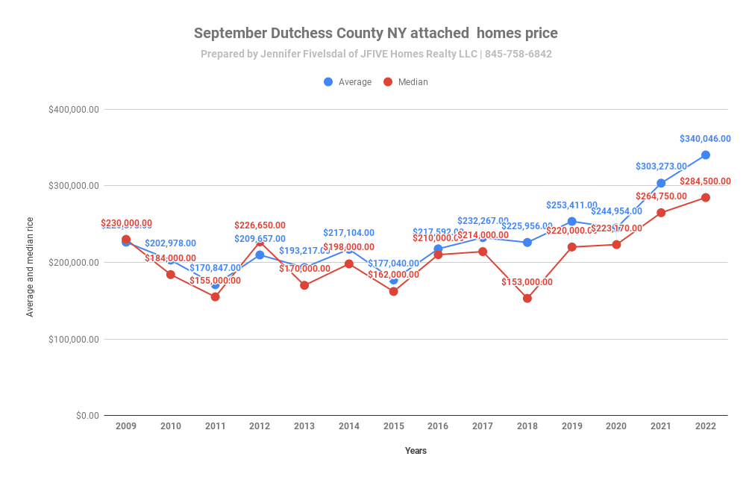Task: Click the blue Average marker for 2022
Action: point(705,155)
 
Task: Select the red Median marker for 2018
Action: point(527,299)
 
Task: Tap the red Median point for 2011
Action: point(215,297)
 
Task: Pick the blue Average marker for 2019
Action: point(571,221)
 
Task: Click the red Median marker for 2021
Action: point(661,213)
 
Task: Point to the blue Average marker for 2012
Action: point(260,255)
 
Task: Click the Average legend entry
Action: point(348,82)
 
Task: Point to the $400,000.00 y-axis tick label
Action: point(74,110)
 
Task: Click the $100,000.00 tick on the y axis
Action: point(74,340)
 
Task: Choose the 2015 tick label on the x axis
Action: point(393,426)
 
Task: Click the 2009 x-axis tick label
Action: point(126,426)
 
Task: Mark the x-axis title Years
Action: point(416,451)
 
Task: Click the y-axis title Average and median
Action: point(31,267)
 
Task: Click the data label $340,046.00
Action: point(705,139)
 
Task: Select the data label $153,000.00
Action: point(527,282)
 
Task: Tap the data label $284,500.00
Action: point(705,181)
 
